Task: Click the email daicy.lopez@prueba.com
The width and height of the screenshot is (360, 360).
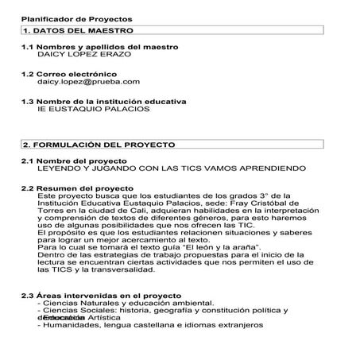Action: tap(88, 81)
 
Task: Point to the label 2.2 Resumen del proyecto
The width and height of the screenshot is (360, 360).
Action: tap(77, 188)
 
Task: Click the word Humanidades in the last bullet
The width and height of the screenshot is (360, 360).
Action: tap(72, 324)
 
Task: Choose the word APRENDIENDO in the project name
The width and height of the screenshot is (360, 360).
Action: tap(271, 169)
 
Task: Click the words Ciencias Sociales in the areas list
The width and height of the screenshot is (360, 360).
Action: tap(75, 310)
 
